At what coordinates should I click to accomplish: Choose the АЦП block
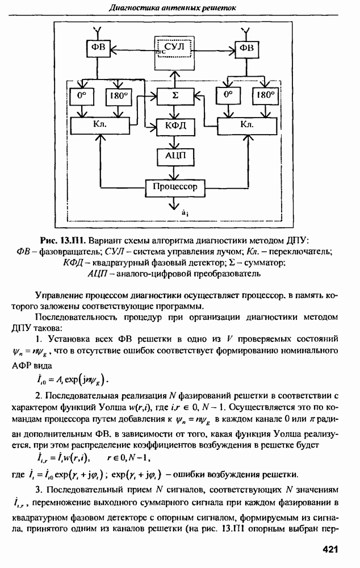pyautogui.click(x=175, y=155)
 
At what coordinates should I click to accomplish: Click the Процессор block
pyautogui.click(x=175, y=186)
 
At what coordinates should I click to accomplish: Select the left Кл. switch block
pyautogui.click(x=99, y=124)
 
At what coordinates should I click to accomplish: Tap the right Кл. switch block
pyautogui.click(x=246, y=124)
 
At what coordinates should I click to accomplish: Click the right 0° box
pyautogui.click(x=229, y=97)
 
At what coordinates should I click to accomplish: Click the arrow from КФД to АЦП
pyautogui.click(x=175, y=140)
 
